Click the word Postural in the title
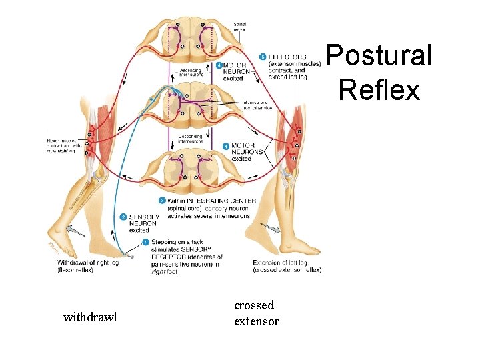[x=379, y=55]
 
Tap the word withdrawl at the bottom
[x=89, y=317]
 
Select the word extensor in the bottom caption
[x=257, y=321]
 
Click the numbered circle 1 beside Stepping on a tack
[x=146, y=242]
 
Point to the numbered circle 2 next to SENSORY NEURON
[x=123, y=217]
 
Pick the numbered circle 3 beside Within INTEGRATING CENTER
[x=162, y=201]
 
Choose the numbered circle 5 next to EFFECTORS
[x=263, y=57]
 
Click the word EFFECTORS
[x=287, y=57]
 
